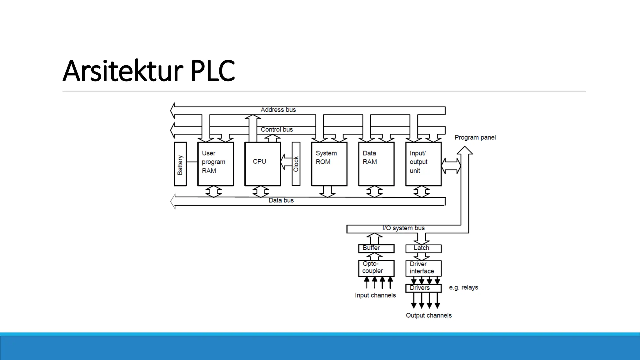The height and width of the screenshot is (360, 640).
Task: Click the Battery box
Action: (180, 164)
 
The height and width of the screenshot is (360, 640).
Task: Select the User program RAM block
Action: (216, 164)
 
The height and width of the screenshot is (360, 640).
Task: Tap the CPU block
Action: (262, 164)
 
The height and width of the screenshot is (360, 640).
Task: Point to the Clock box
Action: (296, 164)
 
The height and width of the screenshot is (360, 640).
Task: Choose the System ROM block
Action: (329, 164)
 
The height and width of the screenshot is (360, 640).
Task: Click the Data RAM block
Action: (376, 164)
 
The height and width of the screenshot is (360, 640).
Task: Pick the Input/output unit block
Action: (423, 164)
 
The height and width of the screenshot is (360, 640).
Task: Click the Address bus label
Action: (278, 110)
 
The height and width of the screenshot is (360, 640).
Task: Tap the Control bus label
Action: (277, 129)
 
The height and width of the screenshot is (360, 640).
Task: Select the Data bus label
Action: (281, 200)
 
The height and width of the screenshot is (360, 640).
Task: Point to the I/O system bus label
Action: (403, 228)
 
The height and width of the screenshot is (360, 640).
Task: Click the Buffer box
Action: (376, 248)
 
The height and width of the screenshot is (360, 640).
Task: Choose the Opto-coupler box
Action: (376, 268)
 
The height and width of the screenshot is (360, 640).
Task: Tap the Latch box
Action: (423, 248)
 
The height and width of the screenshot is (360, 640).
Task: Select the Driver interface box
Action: (423, 268)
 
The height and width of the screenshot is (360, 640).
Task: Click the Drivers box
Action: (423, 288)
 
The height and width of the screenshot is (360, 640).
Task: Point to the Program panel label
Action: (475, 137)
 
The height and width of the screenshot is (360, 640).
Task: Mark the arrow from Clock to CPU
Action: (286, 162)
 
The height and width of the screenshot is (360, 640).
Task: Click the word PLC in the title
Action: (212, 71)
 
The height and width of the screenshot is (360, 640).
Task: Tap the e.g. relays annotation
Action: (463, 287)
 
